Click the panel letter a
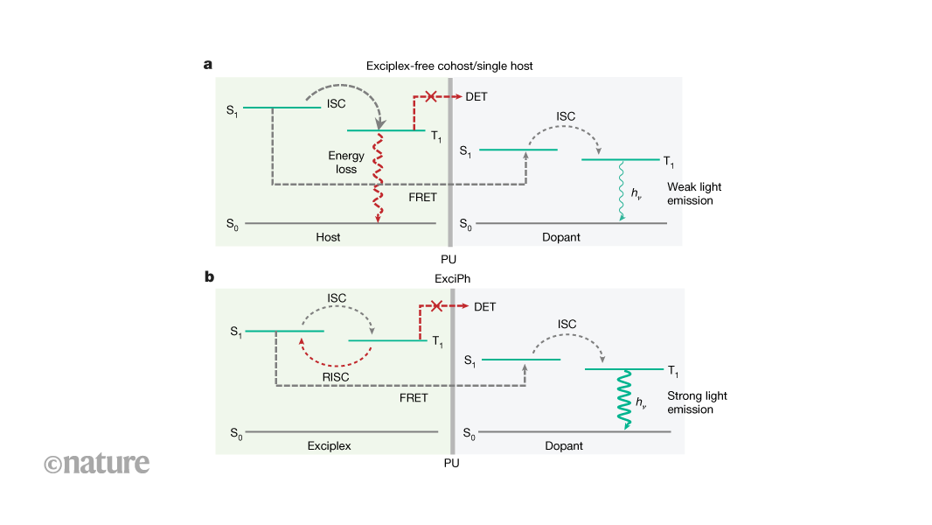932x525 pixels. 208,64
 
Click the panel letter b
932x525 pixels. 209,276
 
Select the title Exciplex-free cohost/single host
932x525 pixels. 449,66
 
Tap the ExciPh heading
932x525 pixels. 450,278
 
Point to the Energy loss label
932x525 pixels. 346,163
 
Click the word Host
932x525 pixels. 328,237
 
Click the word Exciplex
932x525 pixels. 329,445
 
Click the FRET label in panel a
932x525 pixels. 422,198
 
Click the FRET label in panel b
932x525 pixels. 414,398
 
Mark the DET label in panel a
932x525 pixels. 476,96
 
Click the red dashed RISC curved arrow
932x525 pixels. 337,355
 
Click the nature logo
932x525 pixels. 97,463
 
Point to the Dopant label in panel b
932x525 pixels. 564,445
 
